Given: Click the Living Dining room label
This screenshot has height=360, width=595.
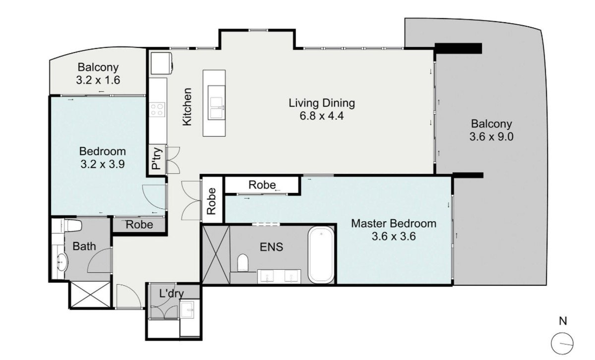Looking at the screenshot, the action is (322, 103).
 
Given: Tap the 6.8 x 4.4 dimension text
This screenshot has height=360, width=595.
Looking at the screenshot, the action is (322, 116).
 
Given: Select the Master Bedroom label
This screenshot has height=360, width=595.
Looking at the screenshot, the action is (394, 224).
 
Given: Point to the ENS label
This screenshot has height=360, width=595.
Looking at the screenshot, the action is (271, 247).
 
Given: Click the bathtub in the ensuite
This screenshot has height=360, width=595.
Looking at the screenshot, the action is (321, 255).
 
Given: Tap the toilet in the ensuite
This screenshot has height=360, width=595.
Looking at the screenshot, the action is (242, 262).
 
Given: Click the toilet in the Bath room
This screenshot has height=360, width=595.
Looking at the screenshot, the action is (72, 225).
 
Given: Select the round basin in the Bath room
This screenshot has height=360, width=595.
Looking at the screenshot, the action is (62, 262).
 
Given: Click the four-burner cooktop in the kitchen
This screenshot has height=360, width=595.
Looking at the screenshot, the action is (157, 110).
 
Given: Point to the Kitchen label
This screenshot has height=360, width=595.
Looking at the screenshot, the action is (187, 107).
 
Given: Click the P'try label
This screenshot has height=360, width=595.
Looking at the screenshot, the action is (157, 159).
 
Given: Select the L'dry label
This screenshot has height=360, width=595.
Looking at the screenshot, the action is (172, 294).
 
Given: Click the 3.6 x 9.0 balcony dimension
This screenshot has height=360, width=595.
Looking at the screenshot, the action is (491, 137).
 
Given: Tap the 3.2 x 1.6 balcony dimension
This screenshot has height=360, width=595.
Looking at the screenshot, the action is (98, 80).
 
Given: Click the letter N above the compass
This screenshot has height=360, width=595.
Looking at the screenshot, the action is (563, 321).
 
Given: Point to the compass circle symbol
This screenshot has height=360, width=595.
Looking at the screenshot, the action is (562, 344).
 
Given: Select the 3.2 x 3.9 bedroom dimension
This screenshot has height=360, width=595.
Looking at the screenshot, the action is (103, 164).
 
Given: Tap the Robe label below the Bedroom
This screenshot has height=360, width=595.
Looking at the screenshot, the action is (139, 225).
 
